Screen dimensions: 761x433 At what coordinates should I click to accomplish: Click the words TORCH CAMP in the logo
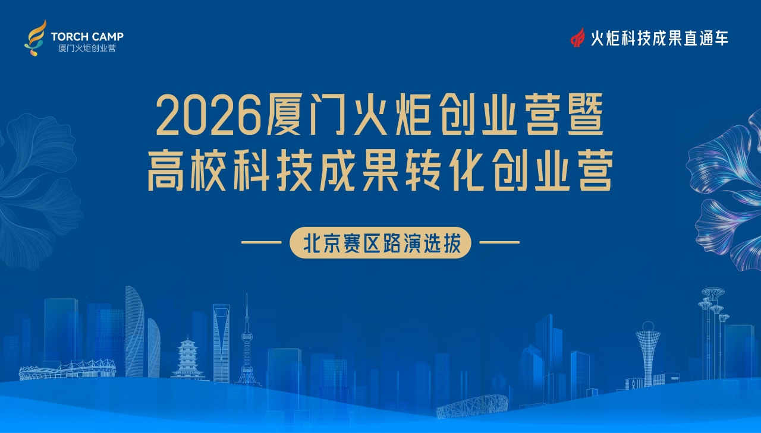coord(87,36)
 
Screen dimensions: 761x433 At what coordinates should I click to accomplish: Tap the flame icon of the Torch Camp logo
coord(35,38)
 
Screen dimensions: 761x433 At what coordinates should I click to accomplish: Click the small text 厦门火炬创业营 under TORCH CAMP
coord(87,48)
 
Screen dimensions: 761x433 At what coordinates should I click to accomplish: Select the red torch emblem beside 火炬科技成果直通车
coord(577,37)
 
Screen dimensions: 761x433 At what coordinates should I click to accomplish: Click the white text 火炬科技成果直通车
coord(659,38)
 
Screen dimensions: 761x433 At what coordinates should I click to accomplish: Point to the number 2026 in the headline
coord(208,116)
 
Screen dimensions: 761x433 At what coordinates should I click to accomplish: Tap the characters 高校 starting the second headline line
coord(188,171)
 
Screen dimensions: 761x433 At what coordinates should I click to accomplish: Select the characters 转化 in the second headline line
coord(445,171)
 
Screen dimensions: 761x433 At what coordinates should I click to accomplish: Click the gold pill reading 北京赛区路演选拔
coord(380,242)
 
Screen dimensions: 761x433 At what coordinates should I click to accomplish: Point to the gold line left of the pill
coord(261,242)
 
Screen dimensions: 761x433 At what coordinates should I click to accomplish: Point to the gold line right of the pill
coord(499,242)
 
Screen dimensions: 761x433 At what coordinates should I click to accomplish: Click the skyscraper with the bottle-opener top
coord(221,343)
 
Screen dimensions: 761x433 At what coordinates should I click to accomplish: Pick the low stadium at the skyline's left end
coord(67,370)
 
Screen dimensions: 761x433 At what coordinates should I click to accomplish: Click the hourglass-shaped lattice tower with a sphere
coord(648,353)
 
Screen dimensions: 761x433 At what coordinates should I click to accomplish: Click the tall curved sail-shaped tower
coord(134,331)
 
